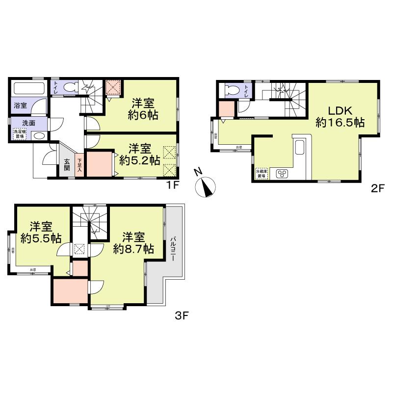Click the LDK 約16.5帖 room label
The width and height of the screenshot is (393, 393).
340,116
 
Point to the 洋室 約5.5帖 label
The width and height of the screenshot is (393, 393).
41,233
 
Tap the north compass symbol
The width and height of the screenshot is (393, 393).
206,185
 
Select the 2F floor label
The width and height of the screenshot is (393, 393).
376,188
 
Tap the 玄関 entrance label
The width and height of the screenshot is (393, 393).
66,165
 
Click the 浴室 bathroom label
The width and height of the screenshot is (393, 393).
20,105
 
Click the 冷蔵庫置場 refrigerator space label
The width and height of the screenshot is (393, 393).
261,173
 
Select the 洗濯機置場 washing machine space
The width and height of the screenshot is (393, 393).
20,134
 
